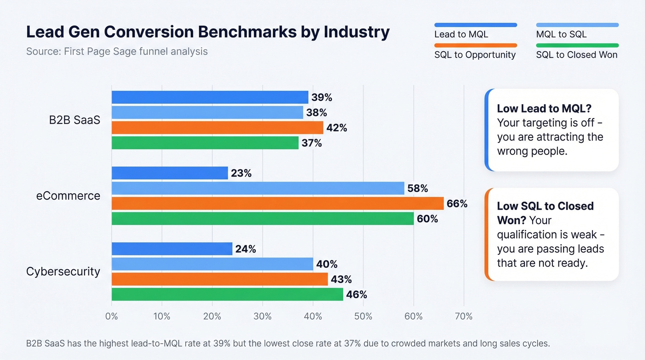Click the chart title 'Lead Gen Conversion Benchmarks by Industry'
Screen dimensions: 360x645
(x=208, y=32)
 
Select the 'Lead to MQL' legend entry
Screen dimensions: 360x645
(x=461, y=35)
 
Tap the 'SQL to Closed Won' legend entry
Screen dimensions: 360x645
(x=576, y=55)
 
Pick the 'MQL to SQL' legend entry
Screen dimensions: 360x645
(x=561, y=35)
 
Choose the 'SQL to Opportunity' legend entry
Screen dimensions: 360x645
(x=475, y=55)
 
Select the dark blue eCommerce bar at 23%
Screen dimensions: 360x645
(x=170, y=173)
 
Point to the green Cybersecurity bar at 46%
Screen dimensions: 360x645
(x=227, y=294)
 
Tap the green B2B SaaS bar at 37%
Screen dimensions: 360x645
(x=205, y=143)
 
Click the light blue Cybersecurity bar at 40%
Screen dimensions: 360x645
(x=212, y=264)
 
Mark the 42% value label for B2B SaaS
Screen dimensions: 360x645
(x=336, y=128)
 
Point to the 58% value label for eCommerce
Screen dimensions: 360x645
(x=417, y=188)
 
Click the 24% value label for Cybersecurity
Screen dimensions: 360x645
(x=245, y=249)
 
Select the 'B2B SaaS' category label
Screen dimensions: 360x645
(x=74, y=120)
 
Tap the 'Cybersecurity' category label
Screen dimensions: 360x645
(x=63, y=271)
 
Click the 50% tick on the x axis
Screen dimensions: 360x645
(x=363, y=316)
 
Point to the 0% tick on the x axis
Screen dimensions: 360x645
(x=111, y=316)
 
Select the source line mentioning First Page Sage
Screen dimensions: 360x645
(x=117, y=51)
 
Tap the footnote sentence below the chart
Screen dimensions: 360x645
(x=288, y=343)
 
